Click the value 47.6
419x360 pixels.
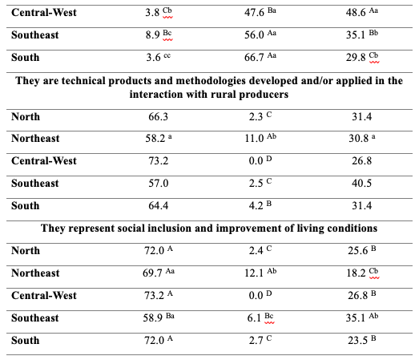[x=254, y=13]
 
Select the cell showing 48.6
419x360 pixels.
[x=356, y=13]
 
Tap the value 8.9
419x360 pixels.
[x=152, y=35]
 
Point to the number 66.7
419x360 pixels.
[x=254, y=58]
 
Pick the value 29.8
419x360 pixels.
[x=356, y=58]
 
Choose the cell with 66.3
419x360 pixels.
[x=158, y=117]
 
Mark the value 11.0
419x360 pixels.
[x=255, y=139]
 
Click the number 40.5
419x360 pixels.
[x=361, y=184]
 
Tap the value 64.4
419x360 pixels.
[x=158, y=206]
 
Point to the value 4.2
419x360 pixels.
[x=256, y=206]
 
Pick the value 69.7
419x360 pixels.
[x=152, y=273]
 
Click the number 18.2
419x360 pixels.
[x=356, y=273]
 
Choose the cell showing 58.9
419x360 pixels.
[x=152, y=318]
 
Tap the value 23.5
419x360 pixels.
[x=357, y=341]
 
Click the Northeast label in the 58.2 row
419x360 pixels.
[x=35, y=139]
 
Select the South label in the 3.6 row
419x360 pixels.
[x=26, y=58]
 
